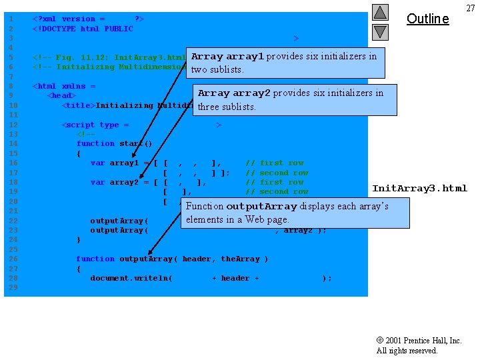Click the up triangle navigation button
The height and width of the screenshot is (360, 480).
[x=379, y=13]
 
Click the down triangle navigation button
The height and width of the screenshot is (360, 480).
[x=379, y=31]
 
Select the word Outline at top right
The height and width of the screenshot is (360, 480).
[x=427, y=19]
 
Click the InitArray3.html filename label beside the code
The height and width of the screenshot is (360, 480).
[x=419, y=189]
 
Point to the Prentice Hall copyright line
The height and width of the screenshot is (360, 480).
[x=419, y=341]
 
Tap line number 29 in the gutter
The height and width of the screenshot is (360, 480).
[x=10, y=287]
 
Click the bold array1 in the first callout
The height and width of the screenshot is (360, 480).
[x=245, y=57]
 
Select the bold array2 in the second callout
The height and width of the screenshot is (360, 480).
[x=251, y=93]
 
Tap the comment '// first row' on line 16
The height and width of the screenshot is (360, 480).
[x=274, y=163]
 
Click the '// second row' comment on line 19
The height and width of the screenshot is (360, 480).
[x=277, y=192]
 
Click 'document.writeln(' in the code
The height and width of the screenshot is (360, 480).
[x=131, y=278]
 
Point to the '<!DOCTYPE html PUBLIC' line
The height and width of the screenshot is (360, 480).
[x=83, y=29]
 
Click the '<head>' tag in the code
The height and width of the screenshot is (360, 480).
[x=61, y=95]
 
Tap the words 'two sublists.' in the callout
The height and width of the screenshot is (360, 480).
[x=217, y=69]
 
